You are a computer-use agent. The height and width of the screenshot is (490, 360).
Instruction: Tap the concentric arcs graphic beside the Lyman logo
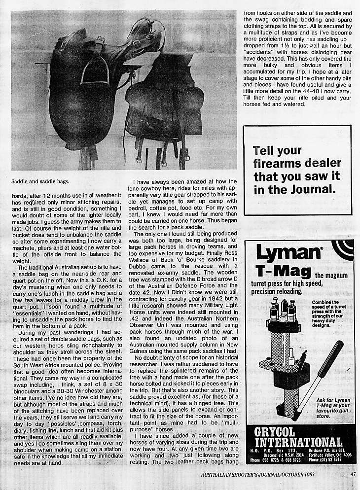point(341,251)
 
